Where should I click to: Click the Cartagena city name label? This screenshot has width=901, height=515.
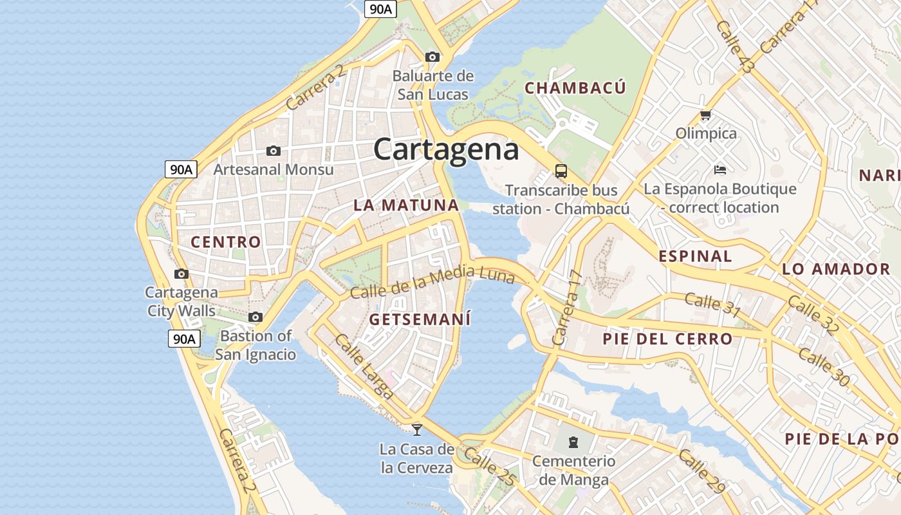click(446, 149)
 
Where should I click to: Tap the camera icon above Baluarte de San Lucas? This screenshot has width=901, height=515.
click(432, 57)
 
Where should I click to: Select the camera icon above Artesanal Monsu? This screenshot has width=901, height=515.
click(274, 151)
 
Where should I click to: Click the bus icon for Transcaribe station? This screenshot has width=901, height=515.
click(561, 171)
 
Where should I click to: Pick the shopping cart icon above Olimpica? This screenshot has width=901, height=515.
click(705, 115)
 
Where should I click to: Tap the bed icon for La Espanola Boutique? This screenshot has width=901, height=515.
click(720, 170)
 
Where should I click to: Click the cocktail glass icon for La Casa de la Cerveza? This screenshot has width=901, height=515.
click(417, 429)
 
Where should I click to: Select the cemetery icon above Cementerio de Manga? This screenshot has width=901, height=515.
click(573, 442)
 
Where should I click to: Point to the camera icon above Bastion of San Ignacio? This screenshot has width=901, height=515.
click(255, 317)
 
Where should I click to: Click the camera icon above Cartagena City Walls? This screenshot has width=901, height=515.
click(181, 274)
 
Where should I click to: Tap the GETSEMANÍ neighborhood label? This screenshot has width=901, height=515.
click(420, 319)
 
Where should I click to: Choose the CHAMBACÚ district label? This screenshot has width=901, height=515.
click(575, 88)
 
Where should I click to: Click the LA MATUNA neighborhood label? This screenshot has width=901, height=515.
click(406, 205)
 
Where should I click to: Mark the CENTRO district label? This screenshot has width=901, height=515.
click(226, 242)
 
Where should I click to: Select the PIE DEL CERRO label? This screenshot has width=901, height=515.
click(667, 339)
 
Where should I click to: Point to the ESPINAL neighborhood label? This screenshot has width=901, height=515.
click(695, 256)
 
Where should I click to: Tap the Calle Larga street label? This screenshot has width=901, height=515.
click(364, 367)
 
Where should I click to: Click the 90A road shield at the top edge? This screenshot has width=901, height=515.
click(380, 8)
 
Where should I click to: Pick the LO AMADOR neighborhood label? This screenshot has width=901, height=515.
click(835, 269)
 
